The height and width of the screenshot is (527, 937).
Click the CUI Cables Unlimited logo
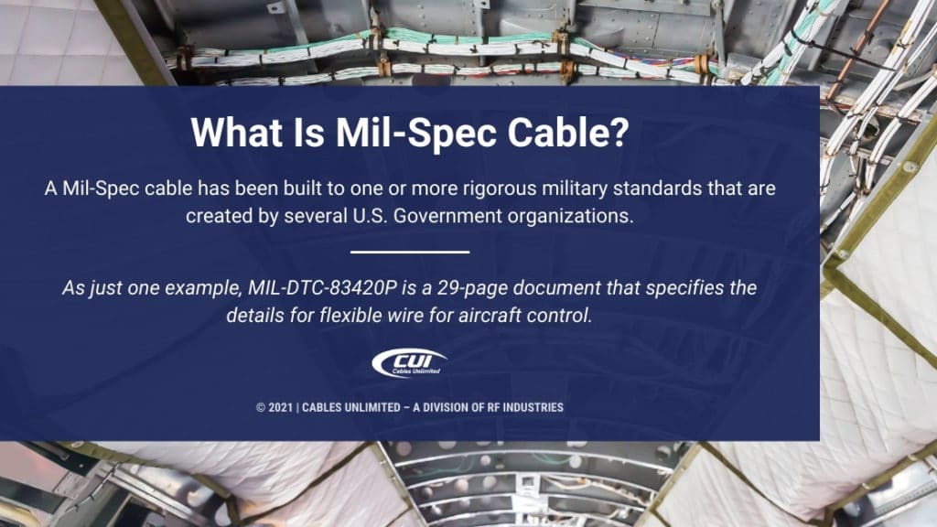tap(409, 363)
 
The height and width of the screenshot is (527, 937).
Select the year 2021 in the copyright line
tap(279, 406)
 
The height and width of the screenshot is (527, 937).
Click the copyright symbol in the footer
tap(260, 406)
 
